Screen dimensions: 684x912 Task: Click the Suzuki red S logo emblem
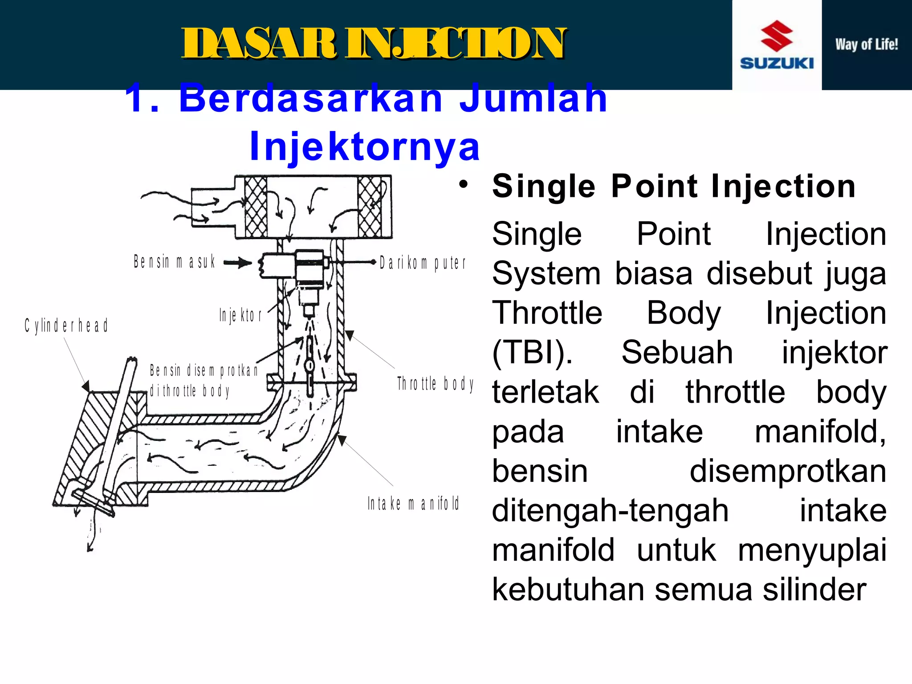pyautogui.click(x=777, y=35)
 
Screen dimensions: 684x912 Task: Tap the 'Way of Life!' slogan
pyautogui.click(x=866, y=45)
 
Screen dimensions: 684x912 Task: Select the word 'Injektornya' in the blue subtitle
pyautogui.click(x=365, y=146)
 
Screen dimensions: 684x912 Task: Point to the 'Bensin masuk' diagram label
pyautogui.click(x=175, y=262)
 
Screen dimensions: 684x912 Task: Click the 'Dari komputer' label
pyautogui.click(x=422, y=263)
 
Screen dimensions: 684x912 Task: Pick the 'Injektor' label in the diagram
pyautogui.click(x=240, y=315)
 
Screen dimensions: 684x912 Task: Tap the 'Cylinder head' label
pyautogui.click(x=66, y=326)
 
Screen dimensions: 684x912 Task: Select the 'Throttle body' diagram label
pyautogui.click(x=435, y=383)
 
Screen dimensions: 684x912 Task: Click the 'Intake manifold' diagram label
pyautogui.click(x=413, y=504)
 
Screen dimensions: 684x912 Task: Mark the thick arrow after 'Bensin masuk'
pyautogui.click(x=238, y=263)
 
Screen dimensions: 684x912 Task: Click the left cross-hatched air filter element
pyautogui.click(x=256, y=207)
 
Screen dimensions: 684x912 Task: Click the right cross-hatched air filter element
pyautogui.click(x=370, y=207)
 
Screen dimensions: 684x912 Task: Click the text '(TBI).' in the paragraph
pyautogui.click(x=532, y=352)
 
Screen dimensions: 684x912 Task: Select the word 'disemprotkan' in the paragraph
pyautogui.click(x=788, y=471)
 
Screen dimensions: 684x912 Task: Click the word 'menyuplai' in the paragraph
pyautogui.click(x=812, y=550)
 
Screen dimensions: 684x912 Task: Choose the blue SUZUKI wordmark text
pyautogui.click(x=777, y=63)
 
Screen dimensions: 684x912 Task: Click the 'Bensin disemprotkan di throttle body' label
pyautogui.click(x=203, y=380)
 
